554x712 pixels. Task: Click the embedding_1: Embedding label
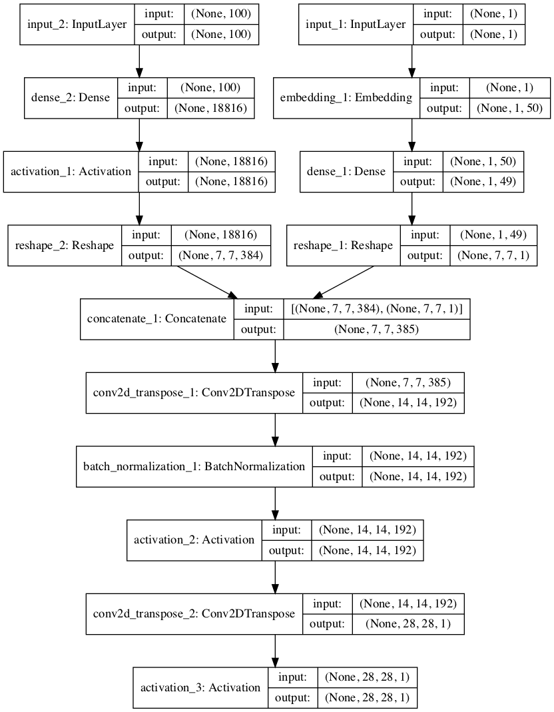coord(347,98)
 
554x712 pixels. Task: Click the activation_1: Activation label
coord(71,172)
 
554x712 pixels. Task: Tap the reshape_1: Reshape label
coord(343,245)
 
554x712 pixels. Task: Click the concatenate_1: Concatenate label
coord(157,318)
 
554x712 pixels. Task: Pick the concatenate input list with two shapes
coord(378,308)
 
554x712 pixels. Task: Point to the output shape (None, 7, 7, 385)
coord(378,329)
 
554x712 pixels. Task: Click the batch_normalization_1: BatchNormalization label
coord(194,466)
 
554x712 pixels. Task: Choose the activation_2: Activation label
coord(194,539)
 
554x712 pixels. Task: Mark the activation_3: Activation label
coord(200,687)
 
